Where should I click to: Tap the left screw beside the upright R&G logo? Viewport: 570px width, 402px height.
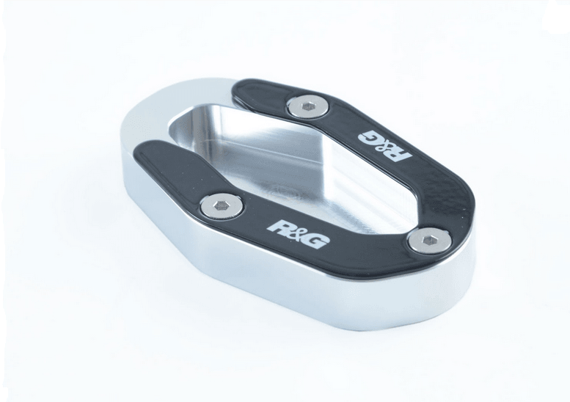point(221,205)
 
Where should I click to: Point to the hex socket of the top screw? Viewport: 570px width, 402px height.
point(309,106)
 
